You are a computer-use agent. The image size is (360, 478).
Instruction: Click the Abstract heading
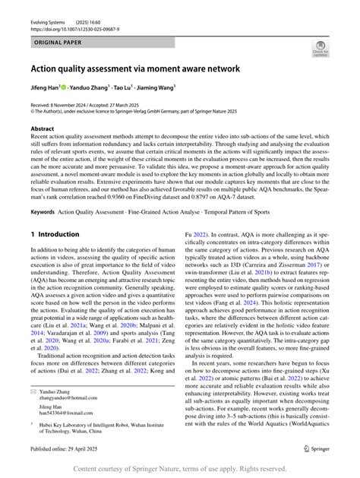click(x=43, y=129)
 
